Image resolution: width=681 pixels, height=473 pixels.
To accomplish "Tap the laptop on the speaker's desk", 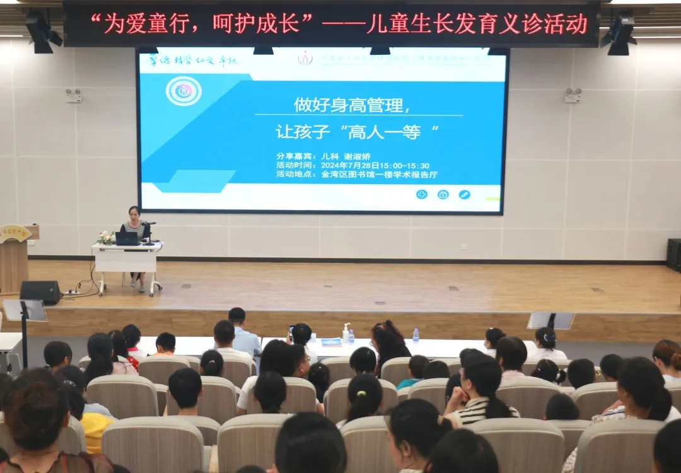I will click(126, 238).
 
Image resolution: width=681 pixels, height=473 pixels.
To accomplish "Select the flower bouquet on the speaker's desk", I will click(106, 237).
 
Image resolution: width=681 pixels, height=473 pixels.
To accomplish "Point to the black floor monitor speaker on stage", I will click(40, 292).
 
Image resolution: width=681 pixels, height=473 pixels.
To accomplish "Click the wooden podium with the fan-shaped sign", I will click(15, 255).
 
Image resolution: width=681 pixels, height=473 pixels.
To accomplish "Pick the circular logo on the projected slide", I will click(183, 91).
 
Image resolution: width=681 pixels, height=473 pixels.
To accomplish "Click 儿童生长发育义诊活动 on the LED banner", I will click(477, 25).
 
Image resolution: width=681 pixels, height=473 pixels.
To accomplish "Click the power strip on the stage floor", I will click(72, 293).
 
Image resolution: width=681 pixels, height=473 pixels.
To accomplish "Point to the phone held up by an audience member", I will click(291, 331).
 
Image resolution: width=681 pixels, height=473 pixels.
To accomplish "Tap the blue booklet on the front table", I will click(331, 342).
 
